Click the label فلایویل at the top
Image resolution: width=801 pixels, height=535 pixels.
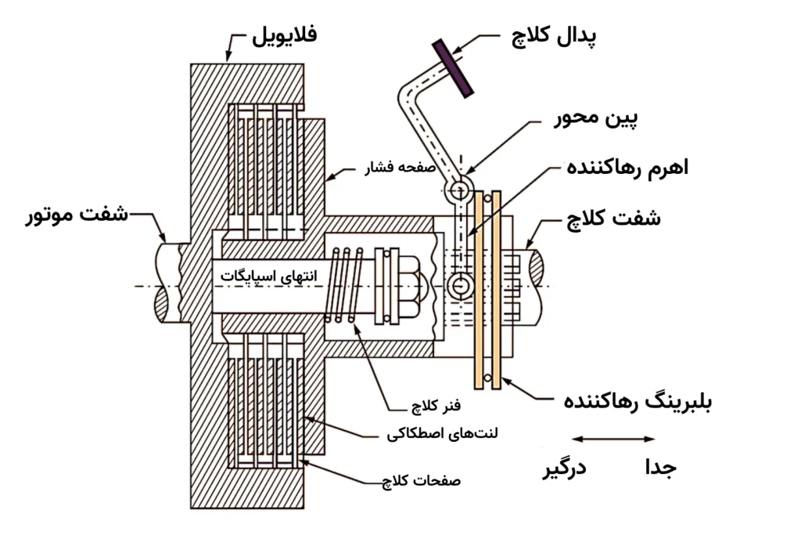point(285,36)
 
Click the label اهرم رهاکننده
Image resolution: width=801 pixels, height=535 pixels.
point(628,168)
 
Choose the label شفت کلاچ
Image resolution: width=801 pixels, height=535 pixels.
point(614,218)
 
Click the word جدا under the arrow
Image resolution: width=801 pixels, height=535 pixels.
point(659,468)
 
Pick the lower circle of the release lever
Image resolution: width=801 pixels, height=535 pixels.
point(460,288)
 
